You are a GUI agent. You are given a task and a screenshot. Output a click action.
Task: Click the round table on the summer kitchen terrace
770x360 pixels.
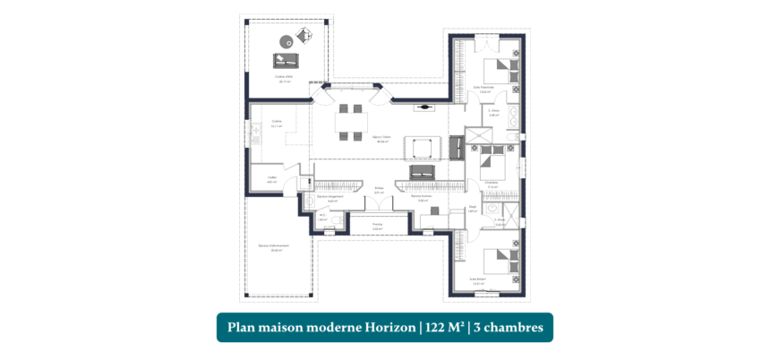287,40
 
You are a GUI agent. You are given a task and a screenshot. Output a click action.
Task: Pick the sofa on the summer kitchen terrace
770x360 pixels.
287,61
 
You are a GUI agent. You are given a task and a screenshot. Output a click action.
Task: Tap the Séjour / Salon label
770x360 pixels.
382,140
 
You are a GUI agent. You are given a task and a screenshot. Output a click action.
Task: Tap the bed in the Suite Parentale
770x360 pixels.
499,72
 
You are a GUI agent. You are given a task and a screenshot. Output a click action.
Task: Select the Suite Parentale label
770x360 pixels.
483,89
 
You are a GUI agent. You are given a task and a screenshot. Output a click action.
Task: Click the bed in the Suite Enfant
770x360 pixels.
497,261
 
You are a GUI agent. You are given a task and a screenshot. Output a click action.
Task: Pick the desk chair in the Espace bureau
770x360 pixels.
433,210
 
